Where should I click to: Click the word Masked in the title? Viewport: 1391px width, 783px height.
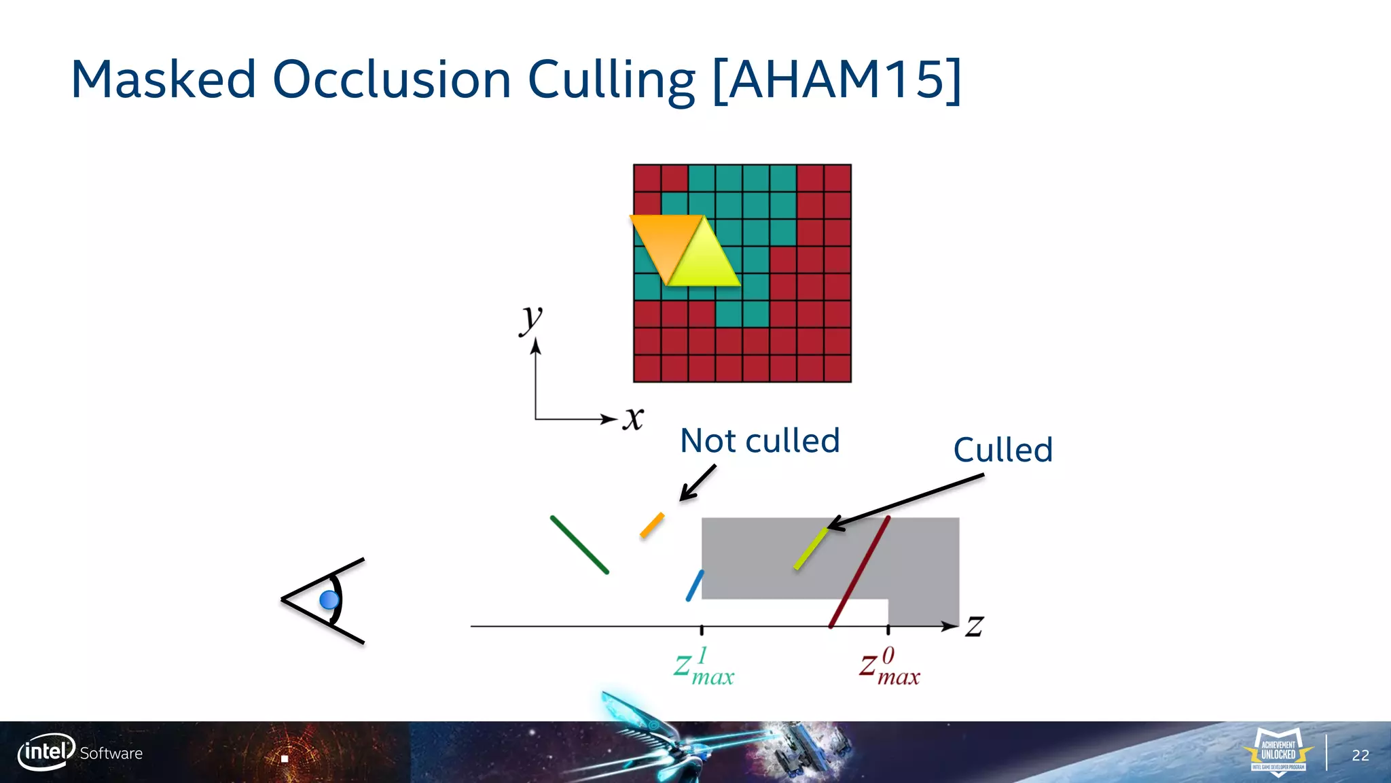[163, 80]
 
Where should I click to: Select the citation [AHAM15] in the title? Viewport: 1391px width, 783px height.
[837, 80]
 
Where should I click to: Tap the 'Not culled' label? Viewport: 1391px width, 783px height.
[759, 440]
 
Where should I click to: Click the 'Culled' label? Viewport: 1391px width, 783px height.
[1002, 450]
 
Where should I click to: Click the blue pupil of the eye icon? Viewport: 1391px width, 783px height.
[329, 599]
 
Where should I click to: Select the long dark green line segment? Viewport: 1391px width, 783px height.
[579, 545]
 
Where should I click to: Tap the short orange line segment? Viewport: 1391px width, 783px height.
[652, 525]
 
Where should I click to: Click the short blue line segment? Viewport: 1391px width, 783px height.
[695, 585]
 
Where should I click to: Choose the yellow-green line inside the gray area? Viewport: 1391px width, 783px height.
[811, 549]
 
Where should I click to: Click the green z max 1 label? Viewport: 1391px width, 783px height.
[704, 667]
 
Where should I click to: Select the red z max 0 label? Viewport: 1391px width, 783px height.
[889, 667]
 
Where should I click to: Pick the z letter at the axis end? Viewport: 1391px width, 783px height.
[975, 625]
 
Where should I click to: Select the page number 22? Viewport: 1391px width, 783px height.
[1360, 755]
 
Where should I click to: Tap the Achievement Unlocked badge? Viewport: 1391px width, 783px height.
[1278, 751]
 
